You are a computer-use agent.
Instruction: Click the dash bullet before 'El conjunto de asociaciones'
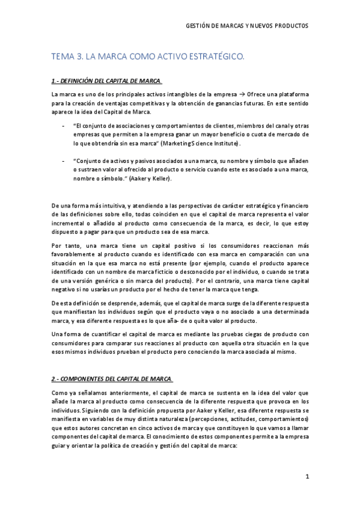(x=64, y=127)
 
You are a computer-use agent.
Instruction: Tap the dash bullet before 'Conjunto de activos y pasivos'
(x=64, y=161)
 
